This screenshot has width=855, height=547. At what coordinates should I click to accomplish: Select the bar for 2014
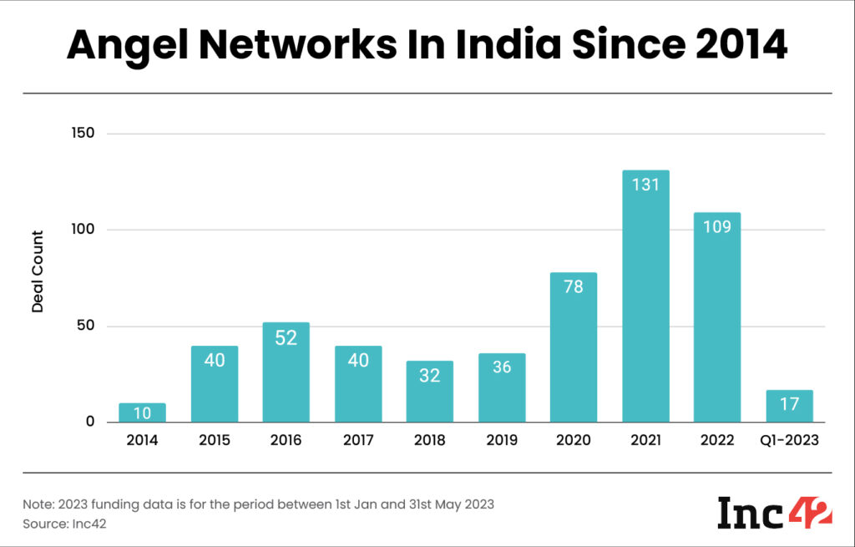pyautogui.click(x=142, y=413)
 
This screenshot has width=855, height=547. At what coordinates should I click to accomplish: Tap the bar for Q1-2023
pyautogui.click(x=789, y=406)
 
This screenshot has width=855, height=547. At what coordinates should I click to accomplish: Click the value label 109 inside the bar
pyautogui.click(x=717, y=226)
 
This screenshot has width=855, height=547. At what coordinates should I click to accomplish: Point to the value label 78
pyautogui.click(x=574, y=286)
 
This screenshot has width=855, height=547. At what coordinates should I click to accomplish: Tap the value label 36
pyautogui.click(x=502, y=367)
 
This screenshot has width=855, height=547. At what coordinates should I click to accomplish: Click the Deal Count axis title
pyautogui.click(x=38, y=271)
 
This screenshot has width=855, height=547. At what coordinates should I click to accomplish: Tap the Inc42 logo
pyautogui.click(x=774, y=512)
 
